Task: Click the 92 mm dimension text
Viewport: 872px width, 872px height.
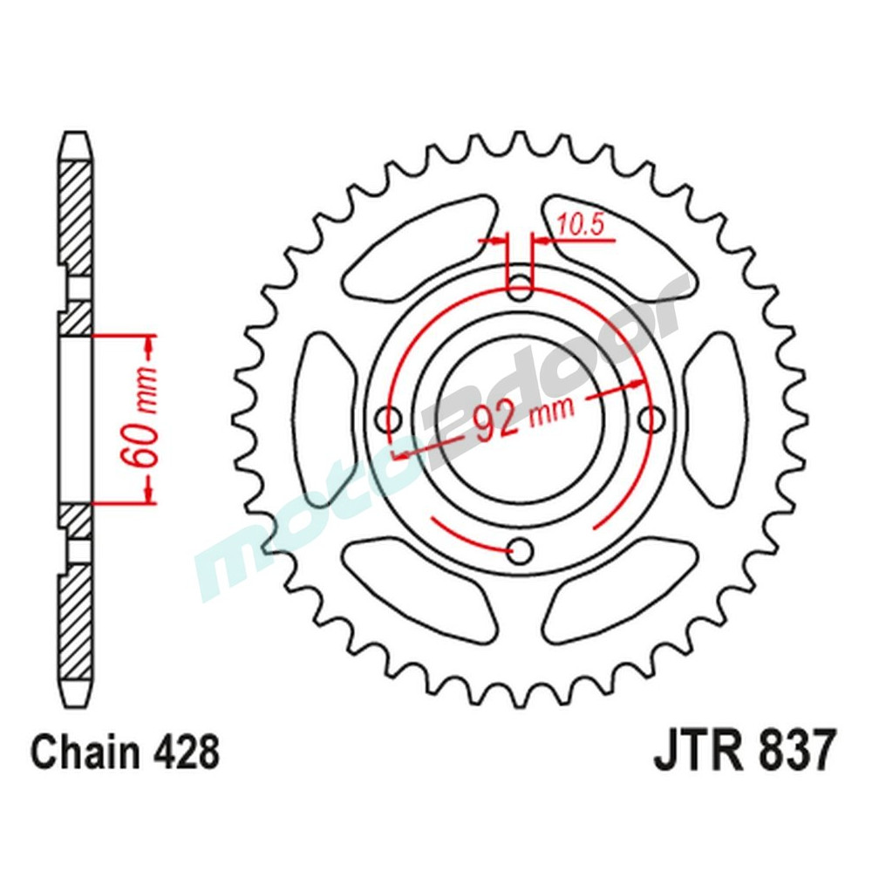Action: pos(522,416)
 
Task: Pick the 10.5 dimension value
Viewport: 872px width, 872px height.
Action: pos(582,226)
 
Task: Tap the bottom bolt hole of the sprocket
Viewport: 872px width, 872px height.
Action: pos(521,550)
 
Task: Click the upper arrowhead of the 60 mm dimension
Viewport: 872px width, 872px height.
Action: pos(148,344)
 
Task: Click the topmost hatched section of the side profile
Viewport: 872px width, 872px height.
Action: pos(75,209)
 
